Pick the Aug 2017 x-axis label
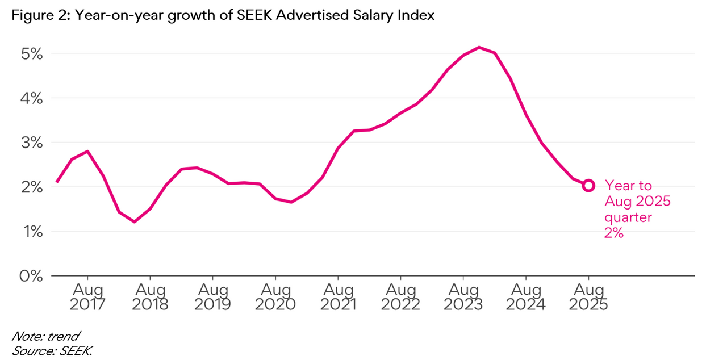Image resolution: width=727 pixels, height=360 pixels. pyautogui.click(x=87, y=297)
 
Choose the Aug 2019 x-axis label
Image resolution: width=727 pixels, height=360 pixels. pyautogui.click(x=212, y=297)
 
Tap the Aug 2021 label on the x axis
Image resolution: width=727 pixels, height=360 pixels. pyautogui.click(x=338, y=297)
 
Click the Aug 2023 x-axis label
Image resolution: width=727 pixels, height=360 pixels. pyautogui.click(x=463, y=297)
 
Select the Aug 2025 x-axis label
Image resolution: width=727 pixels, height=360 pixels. pyautogui.click(x=588, y=297)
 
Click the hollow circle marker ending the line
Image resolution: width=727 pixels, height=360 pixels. pyautogui.click(x=588, y=185)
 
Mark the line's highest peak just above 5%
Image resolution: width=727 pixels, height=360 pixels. pyautogui.click(x=479, y=47)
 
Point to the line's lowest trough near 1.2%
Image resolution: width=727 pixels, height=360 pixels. pyautogui.click(x=135, y=221)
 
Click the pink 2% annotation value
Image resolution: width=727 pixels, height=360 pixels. pyautogui.click(x=615, y=233)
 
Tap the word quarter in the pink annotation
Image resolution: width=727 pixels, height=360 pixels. pyautogui.click(x=628, y=217)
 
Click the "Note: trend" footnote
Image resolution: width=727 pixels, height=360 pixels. pyautogui.click(x=45, y=336)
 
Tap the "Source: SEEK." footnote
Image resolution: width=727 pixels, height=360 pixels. pyautogui.click(x=52, y=350)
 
